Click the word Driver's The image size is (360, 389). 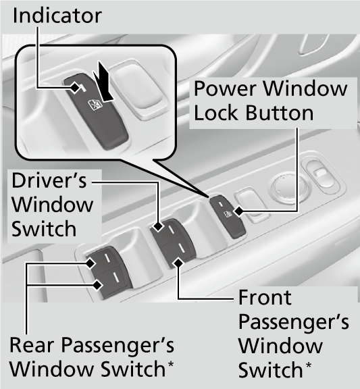point(49,181)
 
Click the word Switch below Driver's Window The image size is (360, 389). point(44,229)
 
